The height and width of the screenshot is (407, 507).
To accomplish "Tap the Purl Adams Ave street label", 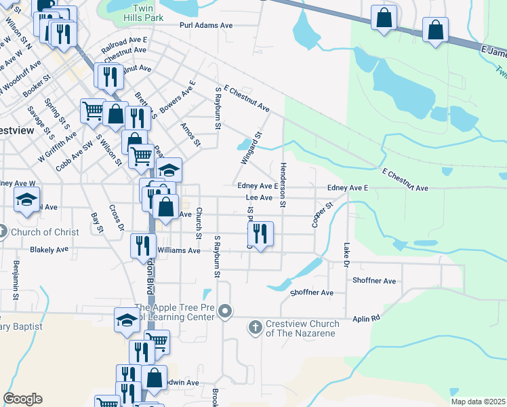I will point(206,25).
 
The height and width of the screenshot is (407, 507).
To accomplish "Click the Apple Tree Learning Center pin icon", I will point(227,313).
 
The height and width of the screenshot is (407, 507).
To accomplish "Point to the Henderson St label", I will point(283,185).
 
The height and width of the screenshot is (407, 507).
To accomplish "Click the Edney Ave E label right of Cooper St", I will point(346,187).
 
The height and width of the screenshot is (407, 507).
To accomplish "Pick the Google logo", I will point(22,399).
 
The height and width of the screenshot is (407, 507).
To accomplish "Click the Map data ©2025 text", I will point(478,402).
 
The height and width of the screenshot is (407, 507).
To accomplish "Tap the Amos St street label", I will point(190,134).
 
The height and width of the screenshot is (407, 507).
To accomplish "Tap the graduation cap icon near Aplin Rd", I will point(127,319).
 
